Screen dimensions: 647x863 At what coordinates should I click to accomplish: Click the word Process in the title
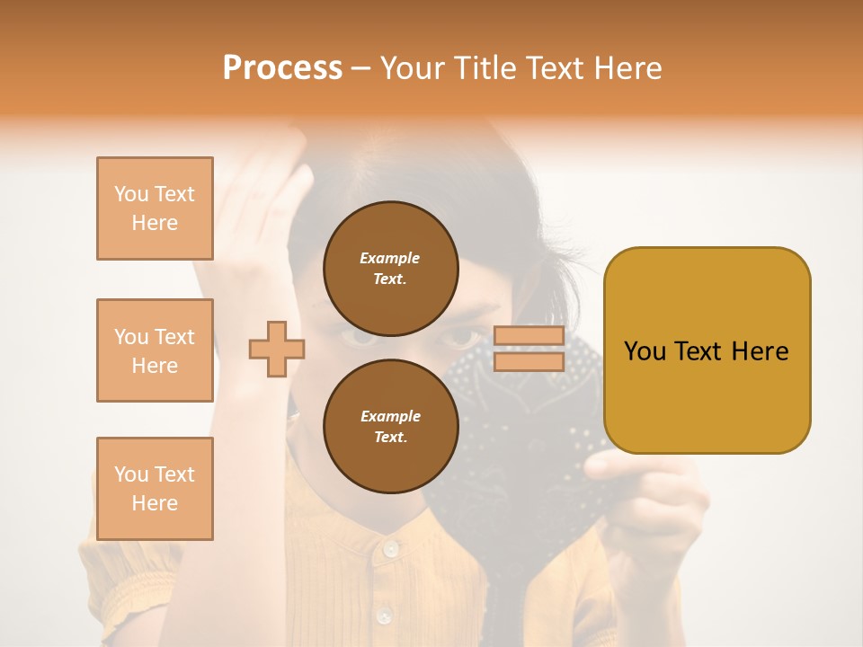click(x=282, y=68)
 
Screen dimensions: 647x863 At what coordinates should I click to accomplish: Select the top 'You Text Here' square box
click(x=155, y=208)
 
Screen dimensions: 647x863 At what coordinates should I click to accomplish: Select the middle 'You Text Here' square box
click(x=155, y=350)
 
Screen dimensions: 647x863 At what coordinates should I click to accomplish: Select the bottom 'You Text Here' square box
click(x=155, y=489)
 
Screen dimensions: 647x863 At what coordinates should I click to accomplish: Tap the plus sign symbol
click(x=277, y=349)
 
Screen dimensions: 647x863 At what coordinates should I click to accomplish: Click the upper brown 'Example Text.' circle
click(x=390, y=268)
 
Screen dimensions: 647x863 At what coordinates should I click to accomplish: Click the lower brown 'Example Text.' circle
click(x=390, y=426)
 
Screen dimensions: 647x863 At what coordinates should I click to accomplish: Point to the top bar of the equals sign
click(x=529, y=336)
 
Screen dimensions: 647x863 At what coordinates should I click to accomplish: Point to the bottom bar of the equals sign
click(x=529, y=361)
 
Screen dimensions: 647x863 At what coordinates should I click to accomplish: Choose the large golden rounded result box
click(x=707, y=350)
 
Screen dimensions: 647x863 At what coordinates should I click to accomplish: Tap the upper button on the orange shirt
click(x=389, y=548)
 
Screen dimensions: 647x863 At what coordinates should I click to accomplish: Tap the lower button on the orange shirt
click(x=384, y=616)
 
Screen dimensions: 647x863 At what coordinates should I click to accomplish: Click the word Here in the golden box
click(x=761, y=350)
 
